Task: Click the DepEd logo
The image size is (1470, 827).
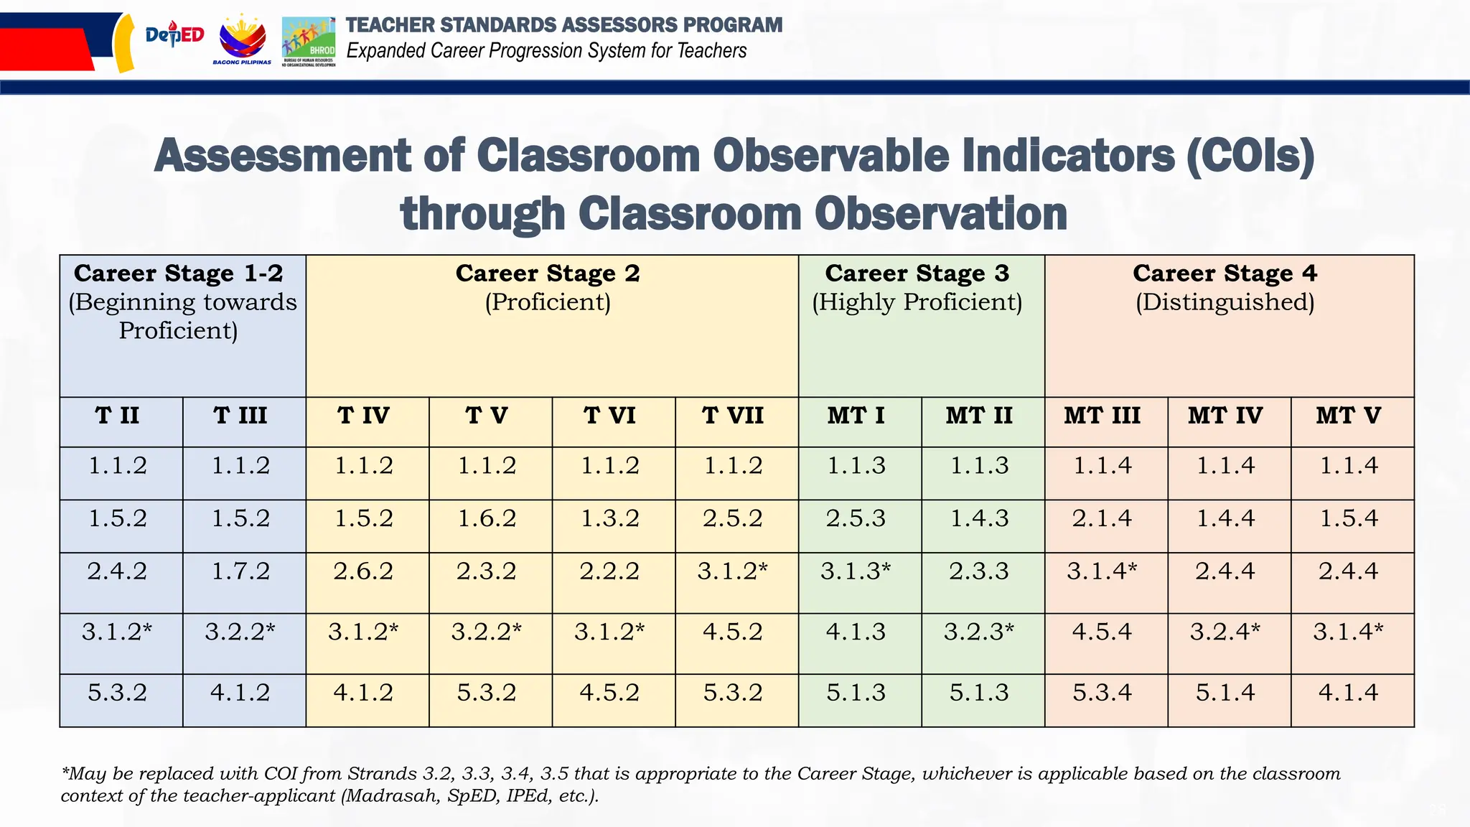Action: pyautogui.click(x=174, y=35)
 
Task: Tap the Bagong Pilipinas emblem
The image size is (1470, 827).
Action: pyautogui.click(x=242, y=40)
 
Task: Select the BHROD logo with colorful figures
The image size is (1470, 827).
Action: pyautogui.click(x=309, y=41)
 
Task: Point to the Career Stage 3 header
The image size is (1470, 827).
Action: pyautogui.click(x=917, y=274)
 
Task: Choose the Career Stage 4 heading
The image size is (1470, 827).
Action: pyautogui.click(x=1225, y=274)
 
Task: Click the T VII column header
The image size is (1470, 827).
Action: pyautogui.click(x=733, y=416)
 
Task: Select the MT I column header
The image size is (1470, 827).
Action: pyautogui.click(x=856, y=416)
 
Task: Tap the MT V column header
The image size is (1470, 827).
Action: pyautogui.click(x=1348, y=416)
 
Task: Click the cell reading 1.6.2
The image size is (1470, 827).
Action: pyautogui.click(x=487, y=518)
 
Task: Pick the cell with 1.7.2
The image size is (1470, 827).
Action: pyautogui.click(x=240, y=571)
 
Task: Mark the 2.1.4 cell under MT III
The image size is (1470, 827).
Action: pyautogui.click(x=1102, y=518)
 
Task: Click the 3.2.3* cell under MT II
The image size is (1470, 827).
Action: pyautogui.click(x=979, y=632)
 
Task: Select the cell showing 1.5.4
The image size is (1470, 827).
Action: pyautogui.click(x=1349, y=518)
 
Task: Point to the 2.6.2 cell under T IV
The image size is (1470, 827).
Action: pyautogui.click(x=363, y=571)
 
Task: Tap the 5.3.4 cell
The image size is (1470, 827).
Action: pyautogui.click(x=1102, y=693)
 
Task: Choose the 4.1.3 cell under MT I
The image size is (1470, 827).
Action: pyautogui.click(x=856, y=632)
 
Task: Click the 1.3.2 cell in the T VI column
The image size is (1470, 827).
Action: pyautogui.click(x=609, y=518)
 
